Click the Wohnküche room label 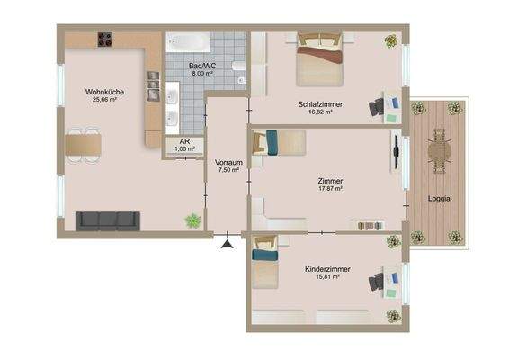point(104,92)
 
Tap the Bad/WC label point(201,66)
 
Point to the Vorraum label point(228,162)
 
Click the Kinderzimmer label point(327,269)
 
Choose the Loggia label point(440,198)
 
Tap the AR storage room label point(184,142)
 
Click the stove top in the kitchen point(105,40)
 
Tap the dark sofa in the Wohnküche point(106,220)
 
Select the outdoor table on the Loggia point(438,154)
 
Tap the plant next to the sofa point(192,220)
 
